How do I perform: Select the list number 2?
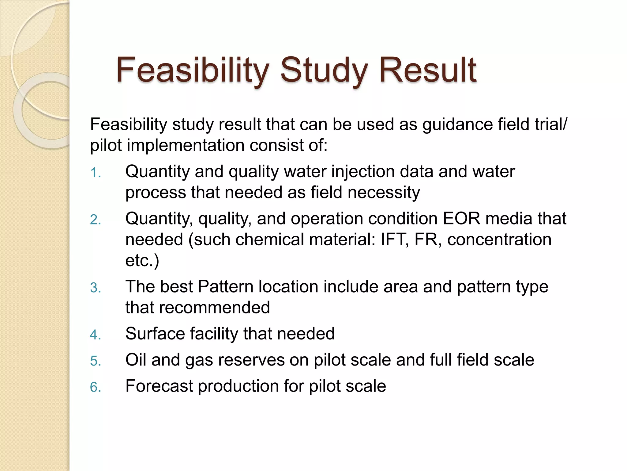coord(95,220)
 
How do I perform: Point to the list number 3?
coord(95,288)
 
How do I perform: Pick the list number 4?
coord(95,335)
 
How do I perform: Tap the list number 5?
coord(95,361)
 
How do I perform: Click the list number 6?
coord(95,387)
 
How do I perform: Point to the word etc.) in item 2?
coord(142,261)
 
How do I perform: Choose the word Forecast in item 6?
coord(159,386)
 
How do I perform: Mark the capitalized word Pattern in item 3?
coord(226,287)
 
